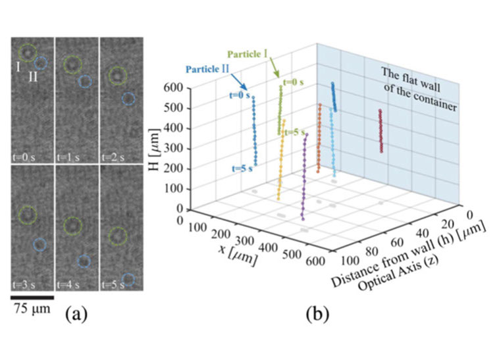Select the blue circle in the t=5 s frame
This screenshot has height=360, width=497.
[128, 280]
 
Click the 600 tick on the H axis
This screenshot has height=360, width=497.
[173, 87]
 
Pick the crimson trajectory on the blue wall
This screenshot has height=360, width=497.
[380, 131]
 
